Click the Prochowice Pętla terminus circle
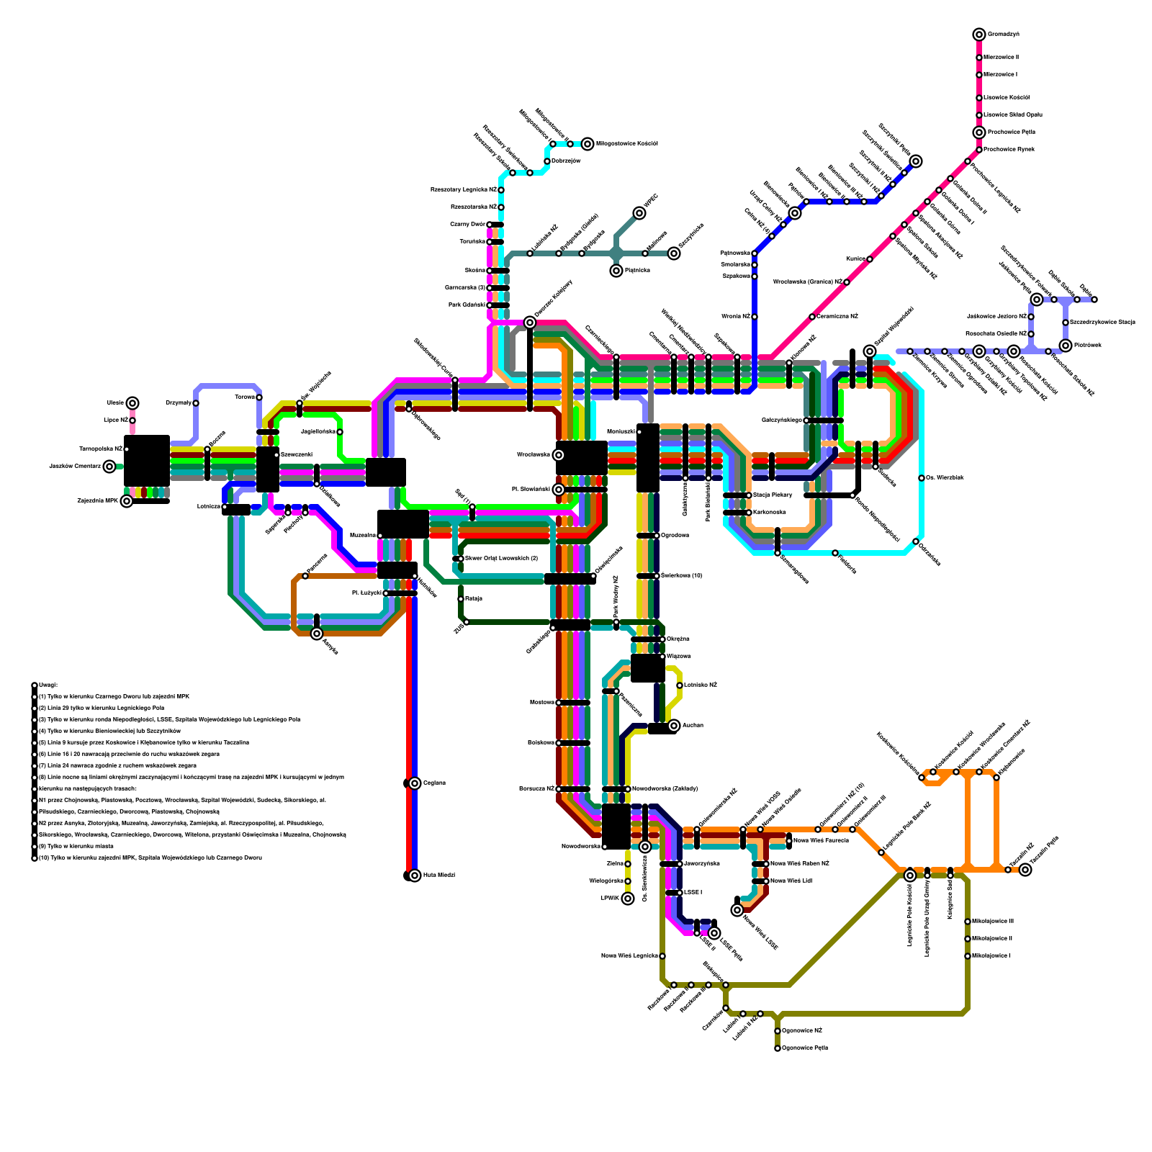[979, 132]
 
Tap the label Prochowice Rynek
[1012, 150]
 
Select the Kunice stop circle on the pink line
[870, 259]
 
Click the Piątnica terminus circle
[616, 271]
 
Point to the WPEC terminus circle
[639, 213]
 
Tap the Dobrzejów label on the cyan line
[566, 161]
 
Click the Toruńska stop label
[472, 242]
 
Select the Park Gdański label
[467, 305]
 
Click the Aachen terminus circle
[674, 726]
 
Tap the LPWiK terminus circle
[628, 899]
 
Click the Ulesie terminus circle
[132, 403]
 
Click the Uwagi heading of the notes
[48, 685]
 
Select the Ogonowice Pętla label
[805, 1048]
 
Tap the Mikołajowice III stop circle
[968, 922]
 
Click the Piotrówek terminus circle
[1066, 346]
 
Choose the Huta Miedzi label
[438, 876]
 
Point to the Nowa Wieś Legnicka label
[629, 956]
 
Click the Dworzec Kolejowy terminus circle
[530, 323]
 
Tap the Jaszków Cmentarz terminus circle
[109, 467]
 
